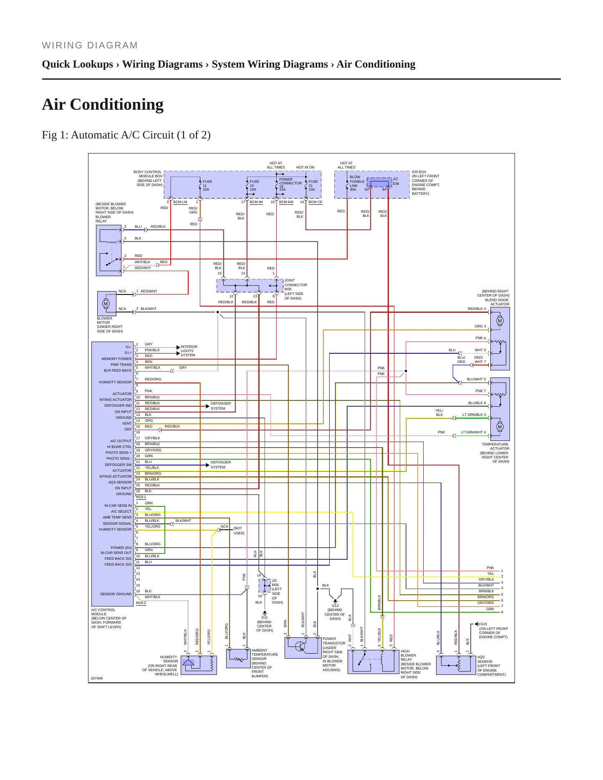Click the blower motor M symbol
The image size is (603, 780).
pyautogui.click(x=106, y=303)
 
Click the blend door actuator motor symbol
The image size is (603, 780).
pyautogui.click(x=500, y=321)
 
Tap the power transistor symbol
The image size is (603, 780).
pyautogui.click(x=300, y=647)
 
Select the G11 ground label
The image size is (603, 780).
pyautogui.click(x=265, y=617)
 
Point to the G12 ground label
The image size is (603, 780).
pyautogui.click(x=335, y=606)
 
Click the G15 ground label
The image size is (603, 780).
pyautogui.click(x=483, y=624)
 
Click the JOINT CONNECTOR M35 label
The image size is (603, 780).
pyautogui.click(x=296, y=285)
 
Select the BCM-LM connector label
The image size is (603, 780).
pyautogui.click(x=180, y=202)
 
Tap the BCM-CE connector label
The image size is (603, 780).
pyautogui.click(x=315, y=202)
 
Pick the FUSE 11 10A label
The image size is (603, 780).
pyautogui.click(x=207, y=185)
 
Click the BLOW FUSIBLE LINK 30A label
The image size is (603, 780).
pyautogui.click(x=357, y=183)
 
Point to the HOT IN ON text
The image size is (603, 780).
pyautogui.click(x=305, y=167)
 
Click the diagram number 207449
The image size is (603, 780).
pyautogui.click(x=97, y=678)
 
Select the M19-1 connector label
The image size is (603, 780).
pyautogui.click(x=141, y=497)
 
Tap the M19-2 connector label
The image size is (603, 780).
pyautogui.click(x=141, y=603)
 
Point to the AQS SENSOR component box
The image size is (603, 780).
pyautogui.click(x=456, y=665)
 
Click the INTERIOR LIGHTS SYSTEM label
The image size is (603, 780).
pyautogui.click(x=189, y=351)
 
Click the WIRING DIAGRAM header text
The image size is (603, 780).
pyautogui.click(x=90, y=45)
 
